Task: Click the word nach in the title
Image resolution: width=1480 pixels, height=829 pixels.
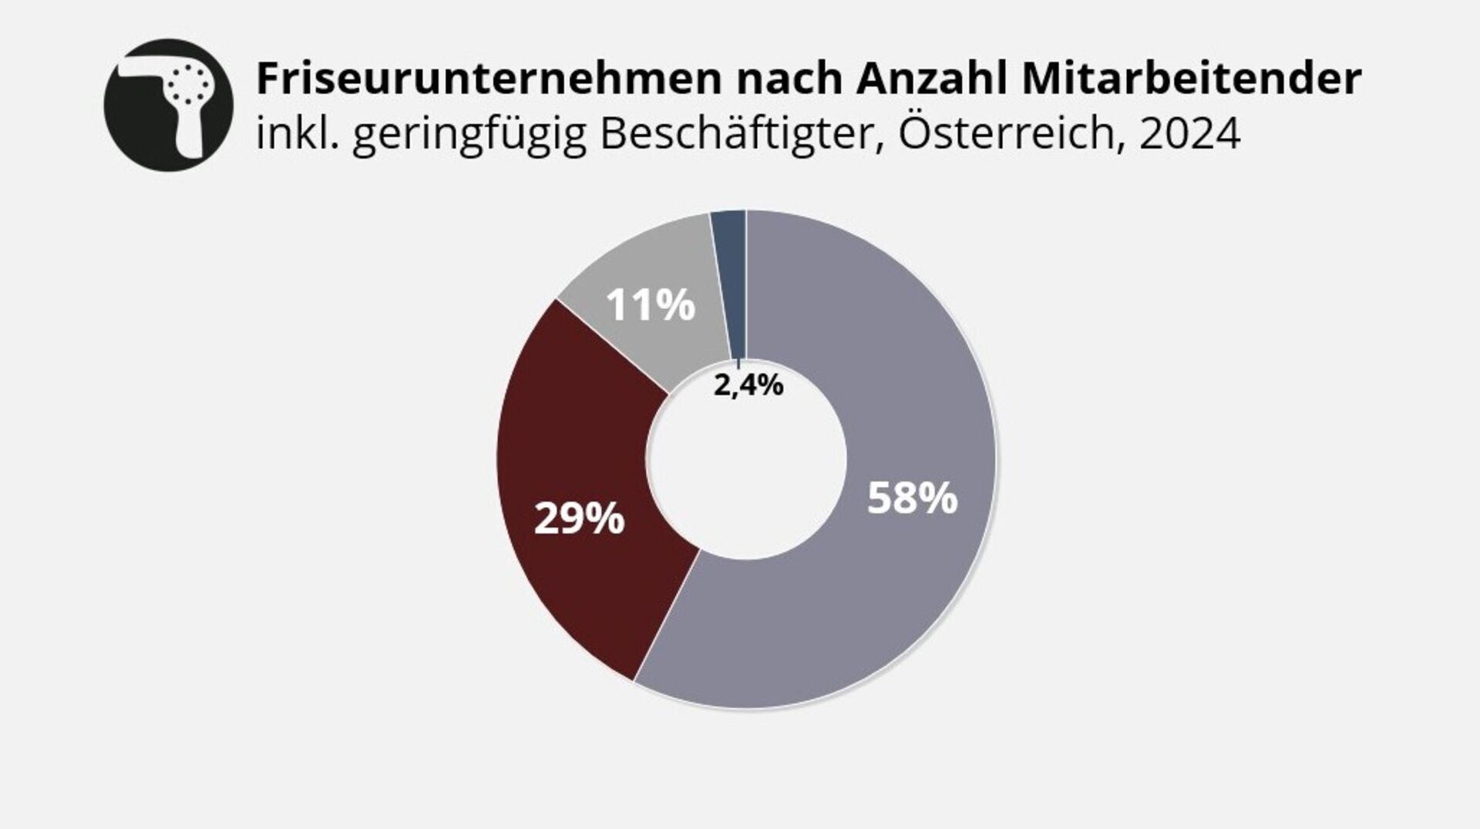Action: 786,79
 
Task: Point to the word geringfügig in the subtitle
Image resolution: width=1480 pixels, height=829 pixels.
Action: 469,136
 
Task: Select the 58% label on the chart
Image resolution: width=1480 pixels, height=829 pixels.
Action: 912,498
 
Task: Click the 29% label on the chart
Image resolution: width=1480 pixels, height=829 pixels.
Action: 579,519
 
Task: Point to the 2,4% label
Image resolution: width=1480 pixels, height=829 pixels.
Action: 748,384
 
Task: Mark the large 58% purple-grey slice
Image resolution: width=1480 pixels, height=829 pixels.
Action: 886,601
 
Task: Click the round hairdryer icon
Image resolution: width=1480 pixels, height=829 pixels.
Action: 168,106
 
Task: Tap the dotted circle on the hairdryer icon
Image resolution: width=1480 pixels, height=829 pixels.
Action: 190,83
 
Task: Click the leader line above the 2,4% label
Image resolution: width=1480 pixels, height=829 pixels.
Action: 738,364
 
